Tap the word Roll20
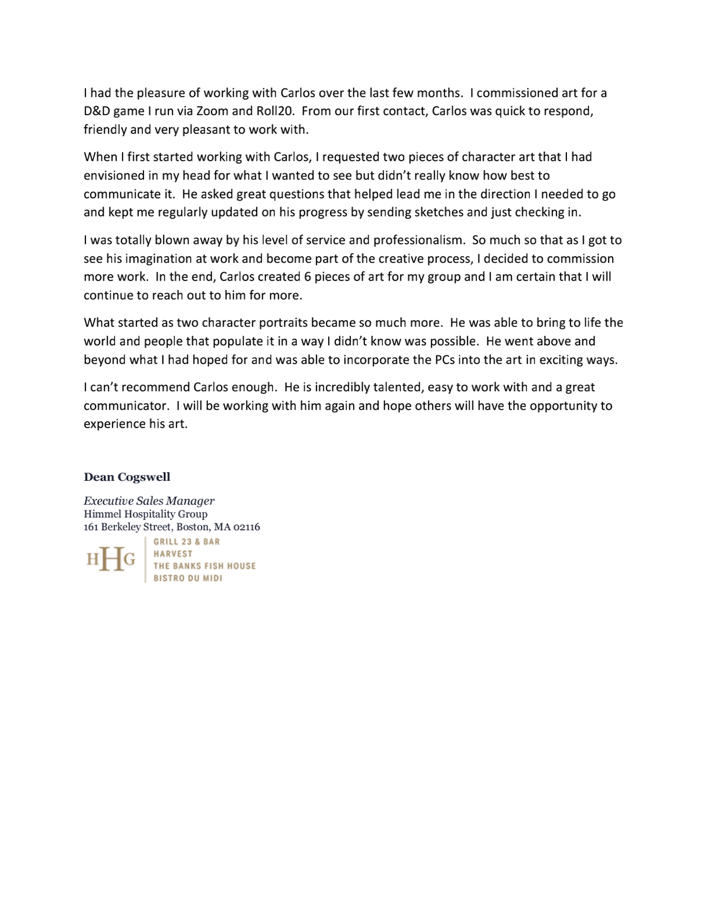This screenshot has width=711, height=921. click(274, 111)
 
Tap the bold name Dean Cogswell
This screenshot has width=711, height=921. click(127, 477)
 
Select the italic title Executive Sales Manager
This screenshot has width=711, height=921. click(149, 501)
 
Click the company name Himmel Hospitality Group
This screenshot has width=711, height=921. click(145, 514)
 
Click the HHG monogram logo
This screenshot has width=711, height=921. click(111, 559)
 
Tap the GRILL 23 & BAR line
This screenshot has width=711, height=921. click(187, 541)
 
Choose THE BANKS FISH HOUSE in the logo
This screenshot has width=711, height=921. click(204, 566)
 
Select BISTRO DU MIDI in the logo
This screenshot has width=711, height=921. click(188, 578)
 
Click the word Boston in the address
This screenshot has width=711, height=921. click(193, 527)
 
